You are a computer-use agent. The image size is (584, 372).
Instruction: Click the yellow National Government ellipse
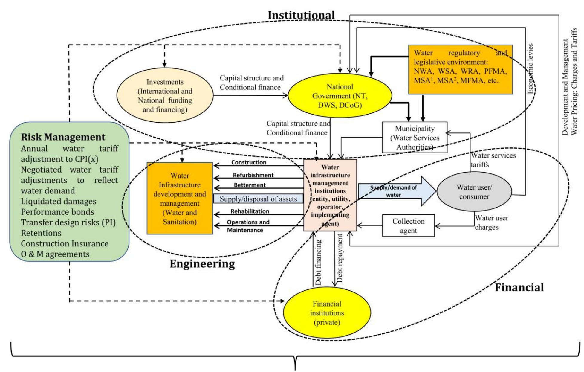coord(340,96)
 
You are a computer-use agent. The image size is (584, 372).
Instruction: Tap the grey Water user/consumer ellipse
coord(474,192)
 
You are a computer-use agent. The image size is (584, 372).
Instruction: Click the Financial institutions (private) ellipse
coord(327,313)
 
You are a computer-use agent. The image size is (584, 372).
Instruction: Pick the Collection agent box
coord(408,226)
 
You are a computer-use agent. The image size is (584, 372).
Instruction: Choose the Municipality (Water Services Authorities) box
coord(415,138)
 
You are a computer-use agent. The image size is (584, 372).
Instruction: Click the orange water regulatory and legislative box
coord(460,69)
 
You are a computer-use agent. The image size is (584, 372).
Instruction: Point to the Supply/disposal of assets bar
coord(258,199)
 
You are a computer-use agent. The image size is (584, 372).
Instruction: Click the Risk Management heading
coord(63,137)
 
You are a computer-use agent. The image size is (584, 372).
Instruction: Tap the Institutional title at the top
coord(301,15)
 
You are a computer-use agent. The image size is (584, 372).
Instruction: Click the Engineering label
coord(202,264)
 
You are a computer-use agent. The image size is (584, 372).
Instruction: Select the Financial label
coord(519,287)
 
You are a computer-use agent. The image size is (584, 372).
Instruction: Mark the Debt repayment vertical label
coord(340,258)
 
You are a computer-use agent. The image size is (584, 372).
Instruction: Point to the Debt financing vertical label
coord(318,262)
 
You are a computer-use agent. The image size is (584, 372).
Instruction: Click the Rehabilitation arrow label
coord(250,211)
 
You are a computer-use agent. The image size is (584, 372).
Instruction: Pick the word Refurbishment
coord(253,175)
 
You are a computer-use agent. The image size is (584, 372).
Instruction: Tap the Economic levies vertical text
coord(530,69)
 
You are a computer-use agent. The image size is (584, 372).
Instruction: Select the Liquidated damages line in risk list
coord(59,201)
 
